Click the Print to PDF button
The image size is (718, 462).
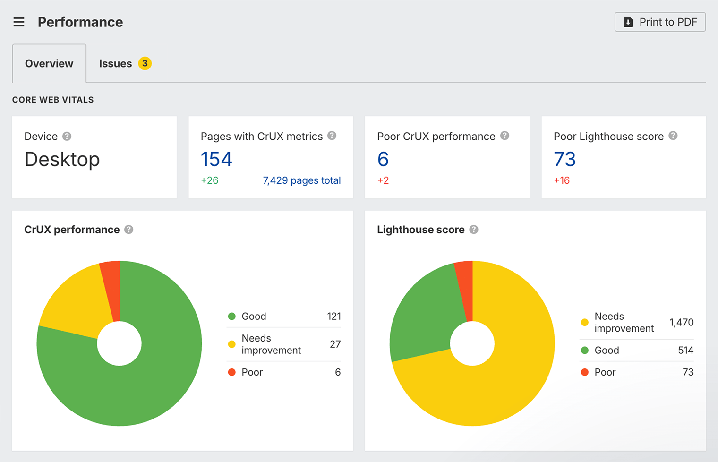point(660,22)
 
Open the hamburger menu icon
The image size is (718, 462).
point(19,22)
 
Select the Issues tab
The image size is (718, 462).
point(115,64)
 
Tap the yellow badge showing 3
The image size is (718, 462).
point(145,63)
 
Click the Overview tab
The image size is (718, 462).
point(49,64)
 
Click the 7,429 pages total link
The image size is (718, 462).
point(301,180)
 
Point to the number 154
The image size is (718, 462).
point(216,159)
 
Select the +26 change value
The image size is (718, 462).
point(209,180)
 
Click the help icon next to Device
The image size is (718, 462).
point(67,137)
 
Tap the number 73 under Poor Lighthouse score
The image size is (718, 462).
point(564,159)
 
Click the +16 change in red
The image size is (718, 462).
point(562,180)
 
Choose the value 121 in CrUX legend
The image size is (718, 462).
point(333,317)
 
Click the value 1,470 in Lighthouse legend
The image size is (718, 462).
point(681,323)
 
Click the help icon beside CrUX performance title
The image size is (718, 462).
point(128,230)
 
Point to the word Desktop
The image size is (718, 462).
point(62,159)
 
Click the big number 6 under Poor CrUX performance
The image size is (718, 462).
point(383,159)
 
